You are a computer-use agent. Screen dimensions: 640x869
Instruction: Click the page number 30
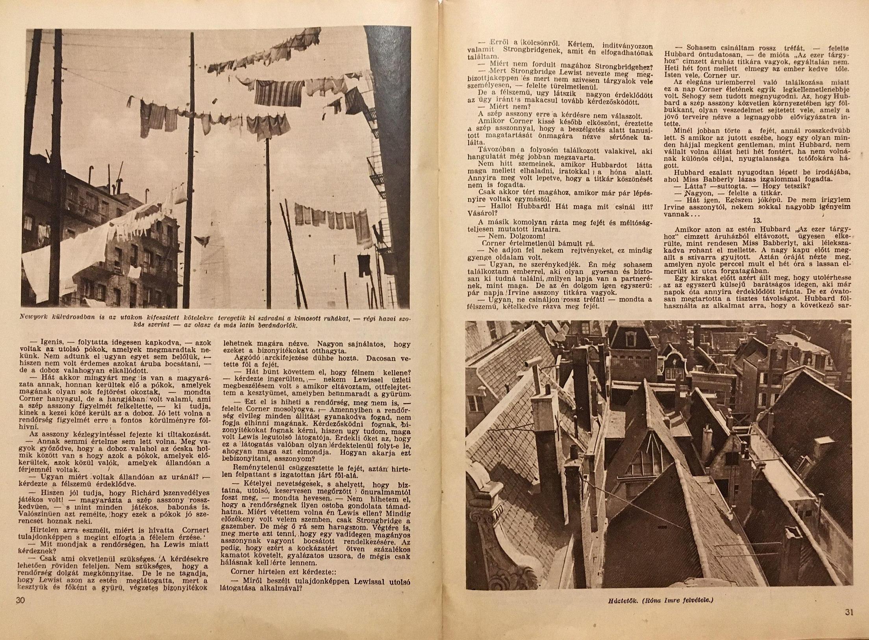[20, 611]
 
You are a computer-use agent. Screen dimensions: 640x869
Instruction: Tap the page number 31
[849, 623]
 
